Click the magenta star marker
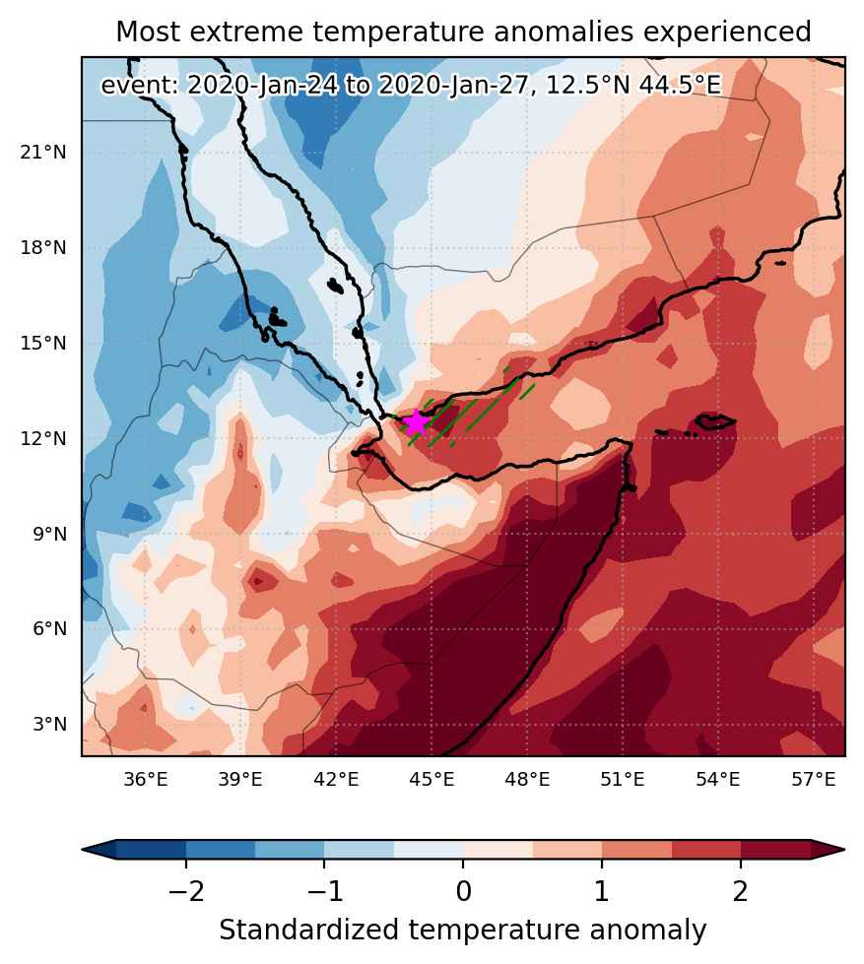click(417, 422)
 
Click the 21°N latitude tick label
click(42, 152)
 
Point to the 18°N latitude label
click(42, 248)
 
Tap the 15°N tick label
click(42, 343)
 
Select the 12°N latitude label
click(42, 438)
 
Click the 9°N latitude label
click(49, 534)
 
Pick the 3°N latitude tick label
click(49, 724)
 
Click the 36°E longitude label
click(146, 780)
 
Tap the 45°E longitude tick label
click(432, 780)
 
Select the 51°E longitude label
click(623, 780)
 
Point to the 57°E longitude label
click(814, 780)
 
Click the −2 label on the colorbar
click(186, 890)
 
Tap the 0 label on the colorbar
click(464, 890)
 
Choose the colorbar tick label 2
click(741, 890)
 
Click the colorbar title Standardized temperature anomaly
click(462, 931)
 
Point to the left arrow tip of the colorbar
click(83, 850)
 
